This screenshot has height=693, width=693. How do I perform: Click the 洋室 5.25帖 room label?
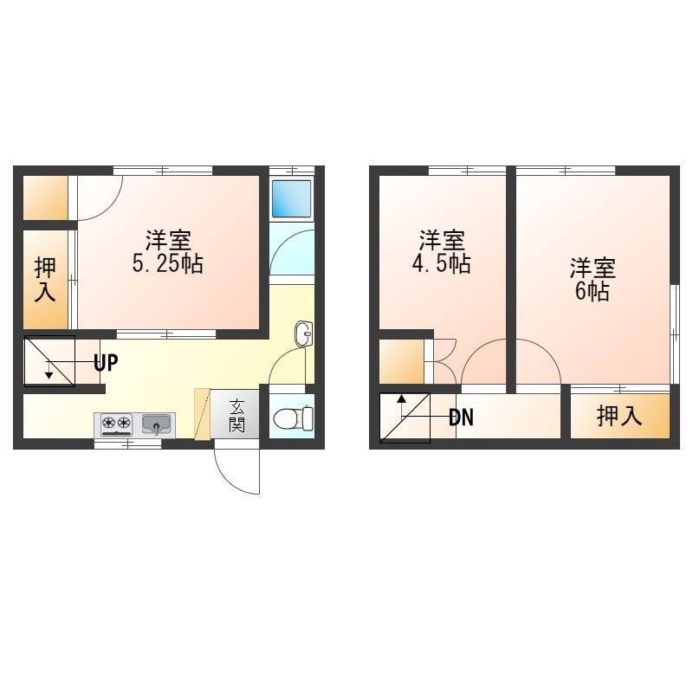[x=168, y=252]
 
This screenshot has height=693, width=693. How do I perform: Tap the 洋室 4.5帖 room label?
[x=442, y=252]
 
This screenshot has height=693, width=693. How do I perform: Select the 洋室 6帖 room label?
[x=593, y=279]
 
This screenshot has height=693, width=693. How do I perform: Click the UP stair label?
[x=106, y=363]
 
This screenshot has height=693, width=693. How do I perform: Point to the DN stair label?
[x=461, y=417]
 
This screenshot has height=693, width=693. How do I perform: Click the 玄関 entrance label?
[x=236, y=415]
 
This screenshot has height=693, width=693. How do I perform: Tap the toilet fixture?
[x=293, y=418]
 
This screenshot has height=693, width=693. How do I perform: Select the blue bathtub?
[x=291, y=198]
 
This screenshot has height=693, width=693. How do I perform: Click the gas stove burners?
[x=117, y=423]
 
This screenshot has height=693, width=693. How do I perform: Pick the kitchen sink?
[x=157, y=424]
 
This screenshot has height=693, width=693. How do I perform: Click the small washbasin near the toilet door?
[x=303, y=334]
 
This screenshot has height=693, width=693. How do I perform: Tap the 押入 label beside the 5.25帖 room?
[x=45, y=280]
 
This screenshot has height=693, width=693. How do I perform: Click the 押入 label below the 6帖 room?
[x=619, y=416]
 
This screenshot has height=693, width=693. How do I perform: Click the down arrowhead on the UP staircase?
[x=49, y=375]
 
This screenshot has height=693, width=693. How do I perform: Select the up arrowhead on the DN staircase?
[x=401, y=398]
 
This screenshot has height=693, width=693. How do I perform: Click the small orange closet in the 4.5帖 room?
[x=401, y=361]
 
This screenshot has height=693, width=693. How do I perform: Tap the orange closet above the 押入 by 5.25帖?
[x=45, y=198]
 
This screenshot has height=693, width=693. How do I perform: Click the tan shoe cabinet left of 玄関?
[x=202, y=414]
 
